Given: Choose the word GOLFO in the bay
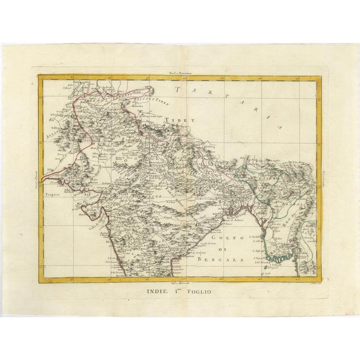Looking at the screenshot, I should (220, 238).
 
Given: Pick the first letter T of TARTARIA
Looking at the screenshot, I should (179, 89).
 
